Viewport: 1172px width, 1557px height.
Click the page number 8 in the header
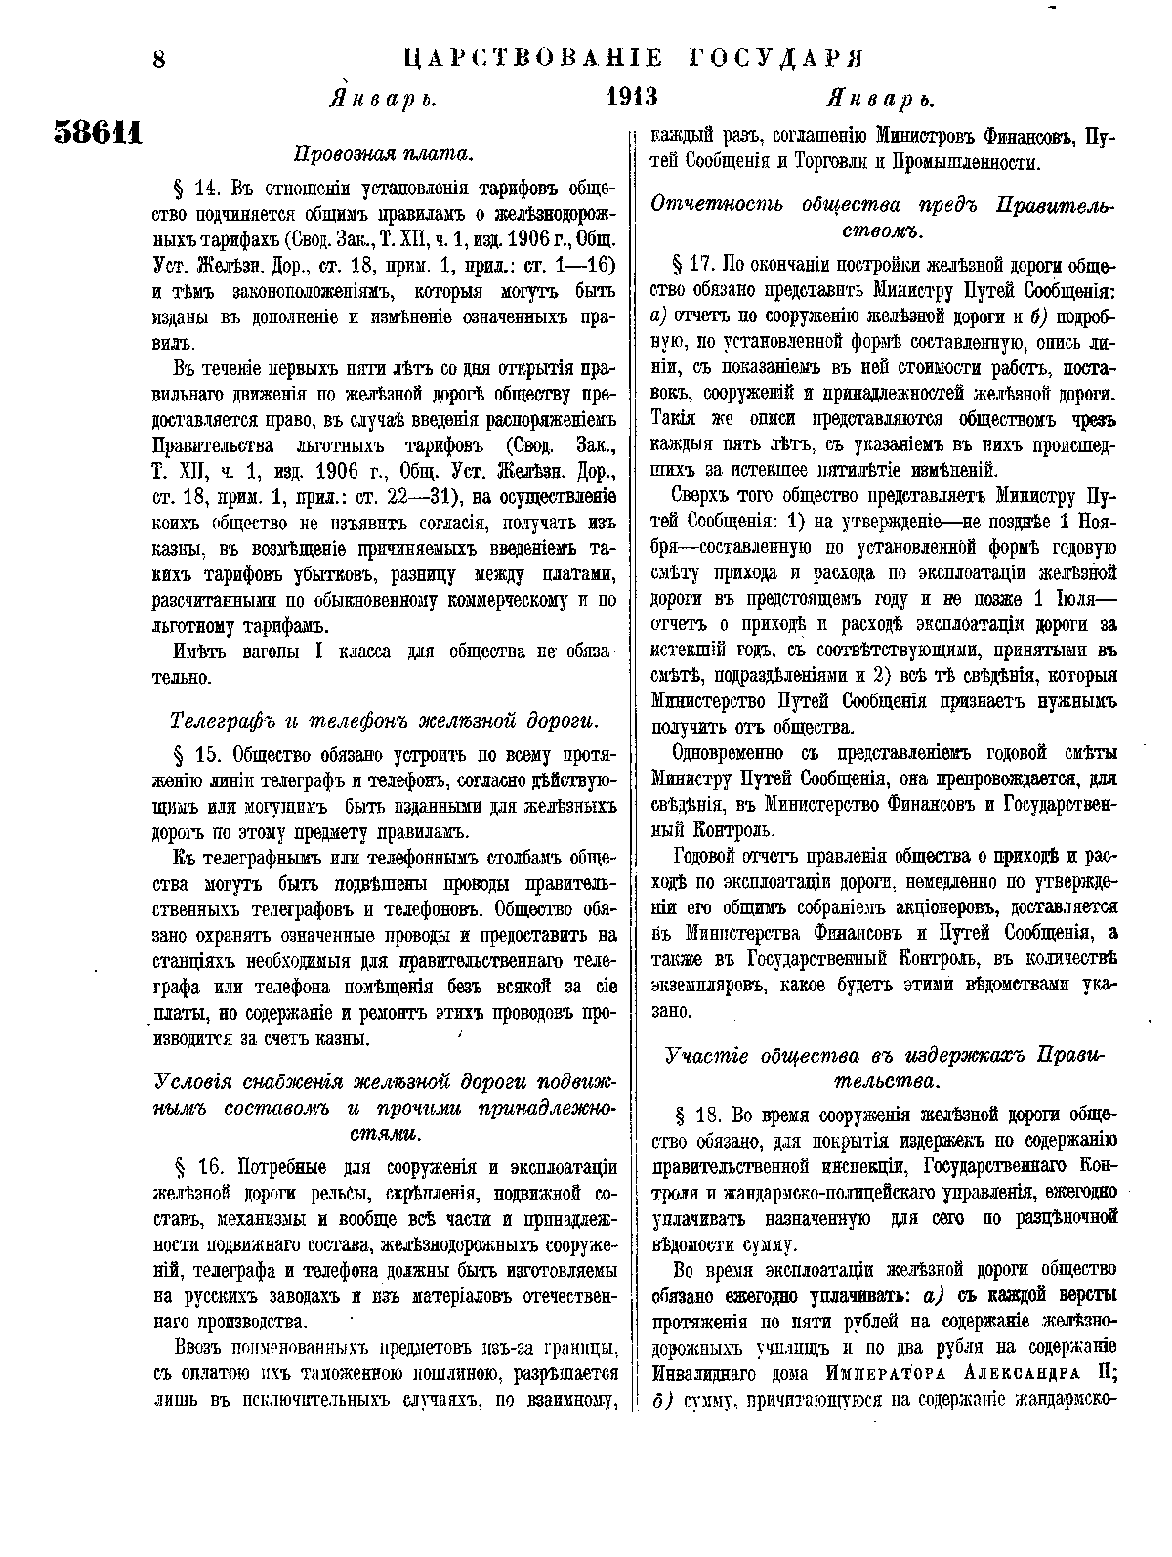(158, 61)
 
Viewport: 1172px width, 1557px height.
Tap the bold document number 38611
(98, 132)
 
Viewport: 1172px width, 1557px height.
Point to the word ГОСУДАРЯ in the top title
(774, 58)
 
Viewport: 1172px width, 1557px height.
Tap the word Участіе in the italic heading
(703, 1056)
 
